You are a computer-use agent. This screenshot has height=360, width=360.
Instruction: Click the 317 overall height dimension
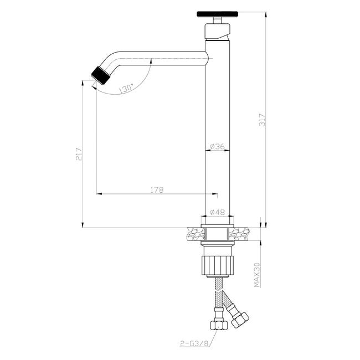(262, 120)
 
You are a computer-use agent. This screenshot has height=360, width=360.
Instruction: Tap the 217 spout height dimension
(79, 154)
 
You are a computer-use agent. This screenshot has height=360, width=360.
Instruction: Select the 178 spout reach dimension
(157, 190)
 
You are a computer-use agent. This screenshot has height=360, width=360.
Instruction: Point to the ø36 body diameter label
(217, 146)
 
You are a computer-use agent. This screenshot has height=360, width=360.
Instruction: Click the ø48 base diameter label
(217, 212)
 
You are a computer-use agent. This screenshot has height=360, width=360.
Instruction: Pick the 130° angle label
(126, 89)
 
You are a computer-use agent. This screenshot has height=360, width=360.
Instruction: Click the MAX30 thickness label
(257, 275)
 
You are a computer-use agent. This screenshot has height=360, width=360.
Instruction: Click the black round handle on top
(218, 14)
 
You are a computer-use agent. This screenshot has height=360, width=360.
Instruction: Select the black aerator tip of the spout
(101, 75)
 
